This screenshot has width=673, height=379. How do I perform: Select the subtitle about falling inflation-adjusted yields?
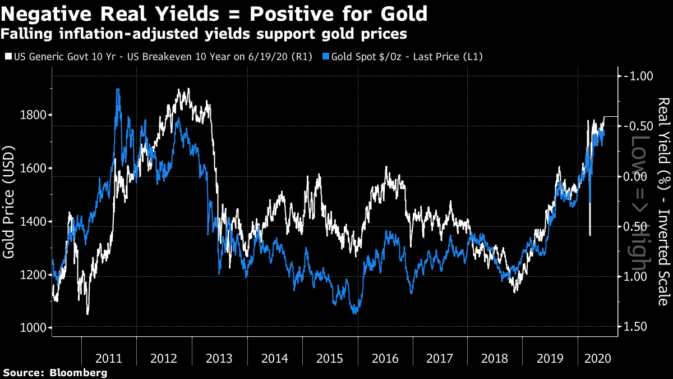(x=203, y=34)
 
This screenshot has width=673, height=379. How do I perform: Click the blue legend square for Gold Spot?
(x=326, y=57)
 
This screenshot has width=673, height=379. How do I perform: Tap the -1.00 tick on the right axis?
(x=638, y=76)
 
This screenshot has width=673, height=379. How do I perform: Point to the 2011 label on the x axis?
(x=109, y=358)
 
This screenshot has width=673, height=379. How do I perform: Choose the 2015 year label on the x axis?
(x=330, y=358)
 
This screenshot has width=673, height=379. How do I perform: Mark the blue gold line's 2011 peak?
(x=117, y=89)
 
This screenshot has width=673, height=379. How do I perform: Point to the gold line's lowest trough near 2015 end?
(x=355, y=313)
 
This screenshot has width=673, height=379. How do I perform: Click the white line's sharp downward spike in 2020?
(x=590, y=235)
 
